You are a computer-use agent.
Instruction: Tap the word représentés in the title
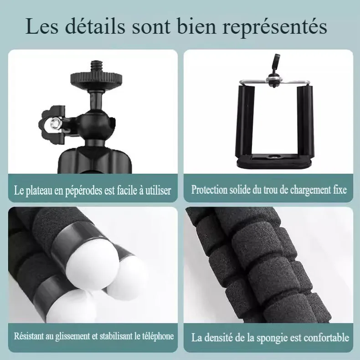[x=275, y=28]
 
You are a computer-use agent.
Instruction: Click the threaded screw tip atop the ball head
[x=96, y=67]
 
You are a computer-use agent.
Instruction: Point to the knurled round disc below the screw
[x=96, y=78]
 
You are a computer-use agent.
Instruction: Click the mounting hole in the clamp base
[x=274, y=157]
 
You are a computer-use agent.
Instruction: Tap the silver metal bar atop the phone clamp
[x=275, y=82]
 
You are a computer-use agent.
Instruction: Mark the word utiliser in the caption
[x=158, y=190]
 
